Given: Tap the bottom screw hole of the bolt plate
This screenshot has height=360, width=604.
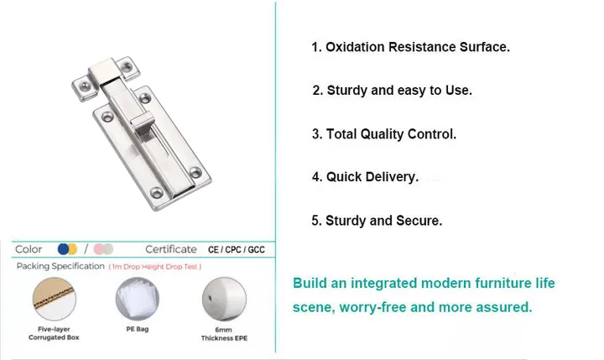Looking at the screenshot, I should coord(195,174).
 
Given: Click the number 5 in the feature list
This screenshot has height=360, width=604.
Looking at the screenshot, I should coord(315,221).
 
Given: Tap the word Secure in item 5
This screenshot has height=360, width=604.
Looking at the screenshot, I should coord(419,221).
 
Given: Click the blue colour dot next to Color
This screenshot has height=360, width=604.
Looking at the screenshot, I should coord(63,249).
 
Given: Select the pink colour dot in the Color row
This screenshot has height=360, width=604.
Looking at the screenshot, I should coord(98,249).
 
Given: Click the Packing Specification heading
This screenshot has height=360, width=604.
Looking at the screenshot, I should coord(60,267).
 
